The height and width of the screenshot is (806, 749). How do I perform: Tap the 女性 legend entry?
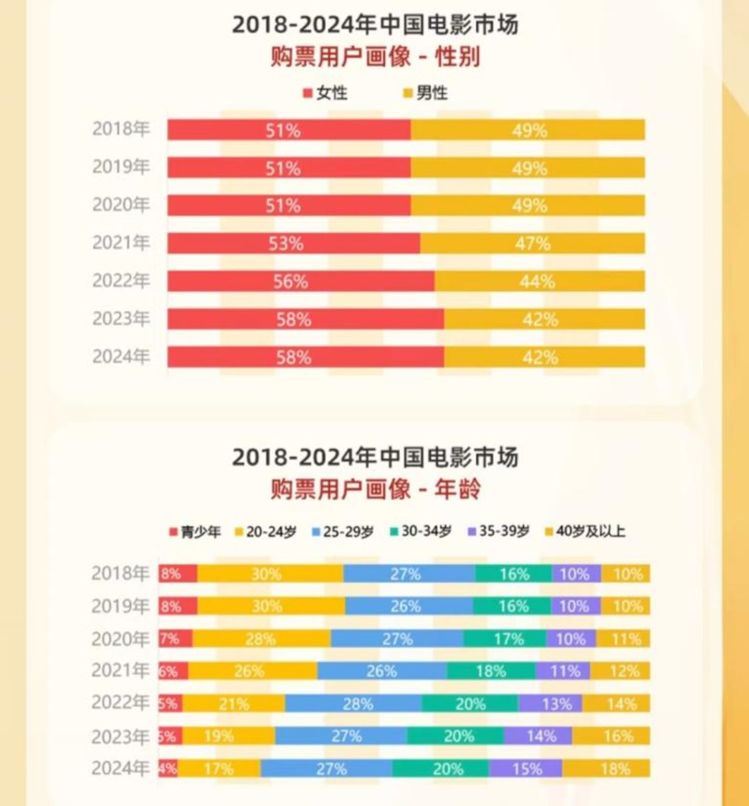[x=326, y=93]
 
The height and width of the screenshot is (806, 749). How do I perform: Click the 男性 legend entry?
[x=426, y=93]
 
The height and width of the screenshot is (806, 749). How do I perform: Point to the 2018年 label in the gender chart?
[x=121, y=129]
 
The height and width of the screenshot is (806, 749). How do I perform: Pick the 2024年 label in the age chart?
[x=120, y=768]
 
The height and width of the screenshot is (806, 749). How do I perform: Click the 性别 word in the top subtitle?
[x=457, y=57]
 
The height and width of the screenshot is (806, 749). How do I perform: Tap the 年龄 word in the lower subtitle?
[x=457, y=489]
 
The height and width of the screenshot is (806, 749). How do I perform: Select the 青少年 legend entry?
[x=195, y=532]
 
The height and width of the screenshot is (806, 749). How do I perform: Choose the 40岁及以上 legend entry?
[x=585, y=531]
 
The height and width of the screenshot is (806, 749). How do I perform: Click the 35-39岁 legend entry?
[x=499, y=531]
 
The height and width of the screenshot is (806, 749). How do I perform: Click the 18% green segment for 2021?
[x=491, y=671]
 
